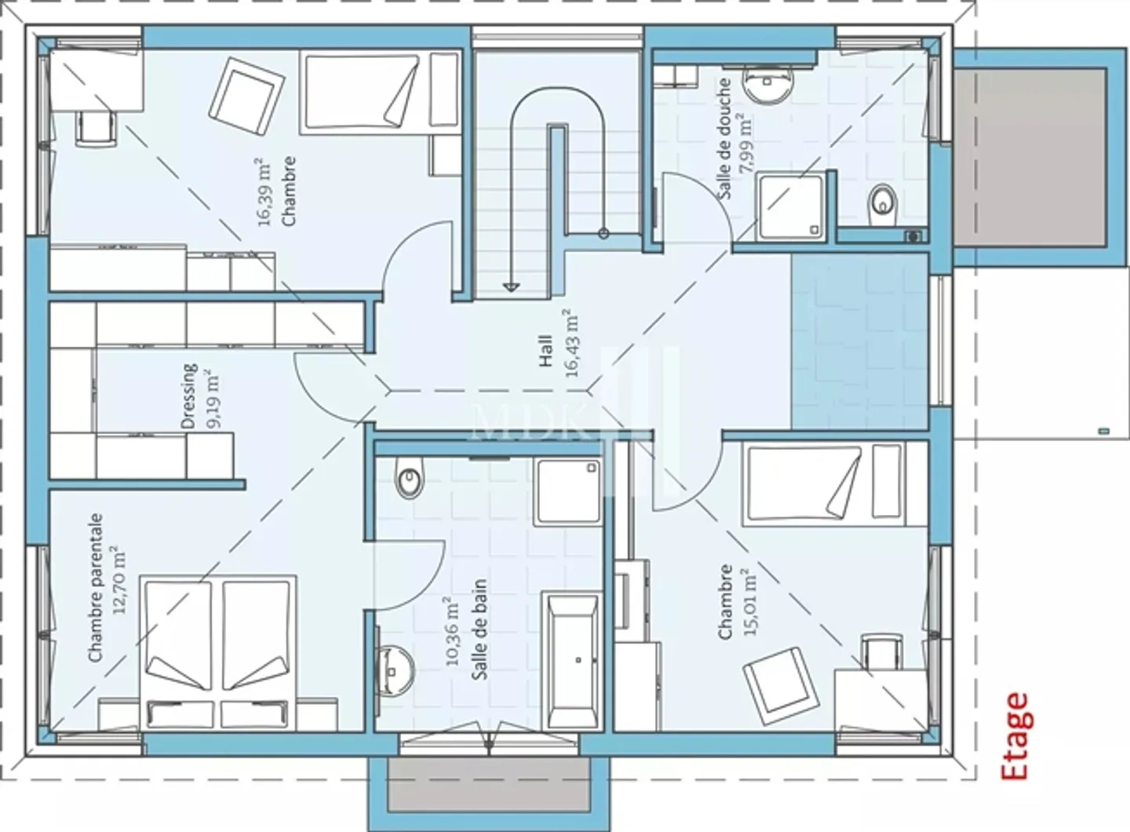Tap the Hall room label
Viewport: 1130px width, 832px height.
pyautogui.click(x=546, y=350)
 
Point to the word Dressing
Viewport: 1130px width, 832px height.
pyautogui.click(x=189, y=396)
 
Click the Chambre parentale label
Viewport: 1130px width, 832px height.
pyautogui.click(x=96, y=587)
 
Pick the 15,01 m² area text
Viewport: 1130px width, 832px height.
pyautogui.click(x=749, y=602)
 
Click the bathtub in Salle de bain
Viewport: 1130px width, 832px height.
pyautogui.click(x=573, y=661)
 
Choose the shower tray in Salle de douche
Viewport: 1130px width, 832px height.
pyautogui.click(x=792, y=206)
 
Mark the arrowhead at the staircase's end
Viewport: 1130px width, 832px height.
pyautogui.click(x=512, y=286)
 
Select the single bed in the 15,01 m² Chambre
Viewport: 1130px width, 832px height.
pyautogui.click(x=822, y=482)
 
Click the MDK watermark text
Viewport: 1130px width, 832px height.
pyautogui.click(x=534, y=425)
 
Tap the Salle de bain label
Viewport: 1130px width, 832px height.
pyautogui.click(x=479, y=629)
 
